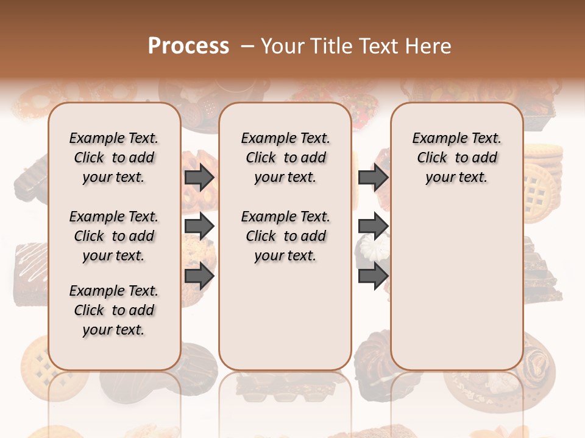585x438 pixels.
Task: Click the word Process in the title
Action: coord(188,46)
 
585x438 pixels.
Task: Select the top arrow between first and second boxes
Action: coord(199,178)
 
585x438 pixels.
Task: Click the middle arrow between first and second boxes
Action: coord(199,227)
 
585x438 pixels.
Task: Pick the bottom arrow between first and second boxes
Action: coord(199,276)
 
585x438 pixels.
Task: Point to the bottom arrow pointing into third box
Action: coord(373,276)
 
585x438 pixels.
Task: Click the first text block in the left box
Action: coord(114,158)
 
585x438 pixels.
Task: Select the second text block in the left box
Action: coord(114,236)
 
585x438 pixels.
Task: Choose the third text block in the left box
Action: coord(114,310)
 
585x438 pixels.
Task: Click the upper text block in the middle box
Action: coord(285,158)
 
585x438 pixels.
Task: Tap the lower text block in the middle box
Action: coord(285,236)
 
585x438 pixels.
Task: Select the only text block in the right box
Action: coord(456,158)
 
